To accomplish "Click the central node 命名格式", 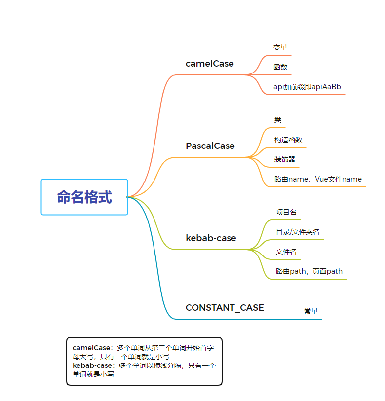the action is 84,197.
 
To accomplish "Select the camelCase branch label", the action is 209,64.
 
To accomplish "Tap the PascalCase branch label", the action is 210,146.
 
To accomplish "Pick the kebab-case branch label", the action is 211,238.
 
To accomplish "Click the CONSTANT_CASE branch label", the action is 225,308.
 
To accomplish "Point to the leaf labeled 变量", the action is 280,47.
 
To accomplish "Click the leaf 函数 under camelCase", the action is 280,67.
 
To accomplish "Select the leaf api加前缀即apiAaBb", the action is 307,87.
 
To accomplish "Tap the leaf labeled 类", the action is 278,120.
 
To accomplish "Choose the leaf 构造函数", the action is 288,140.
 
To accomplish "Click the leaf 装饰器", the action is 285,159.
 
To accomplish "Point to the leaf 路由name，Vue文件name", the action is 318,179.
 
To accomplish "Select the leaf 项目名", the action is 286,212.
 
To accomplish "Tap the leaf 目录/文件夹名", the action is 298,232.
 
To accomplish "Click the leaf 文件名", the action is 286,252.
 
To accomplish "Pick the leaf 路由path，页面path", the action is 309,271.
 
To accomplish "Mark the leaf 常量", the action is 311,311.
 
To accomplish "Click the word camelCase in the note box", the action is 91,348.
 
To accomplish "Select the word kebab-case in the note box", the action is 92,365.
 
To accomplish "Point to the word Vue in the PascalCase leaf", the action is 321,179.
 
